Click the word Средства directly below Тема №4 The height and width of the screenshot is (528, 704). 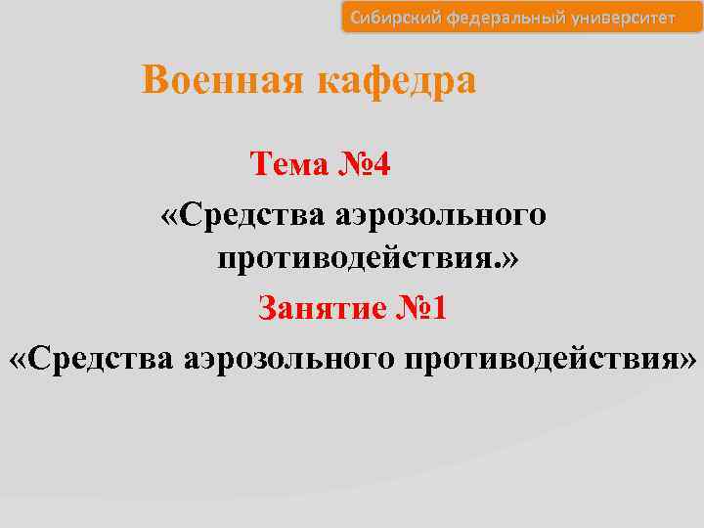(244, 213)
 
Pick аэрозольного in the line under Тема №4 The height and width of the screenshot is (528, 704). (442, 213)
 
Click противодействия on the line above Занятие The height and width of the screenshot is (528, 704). (358, 259)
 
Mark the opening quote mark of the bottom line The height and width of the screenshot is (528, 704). (19, 359)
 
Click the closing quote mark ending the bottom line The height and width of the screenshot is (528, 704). (688, 359)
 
